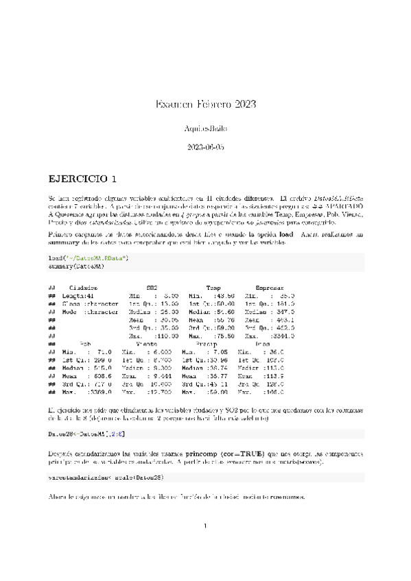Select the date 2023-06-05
[x=205, y=147]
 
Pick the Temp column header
[x=214, y=288]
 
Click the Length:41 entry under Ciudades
[x=80, y=295]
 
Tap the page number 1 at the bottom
[x=205, y=526]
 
